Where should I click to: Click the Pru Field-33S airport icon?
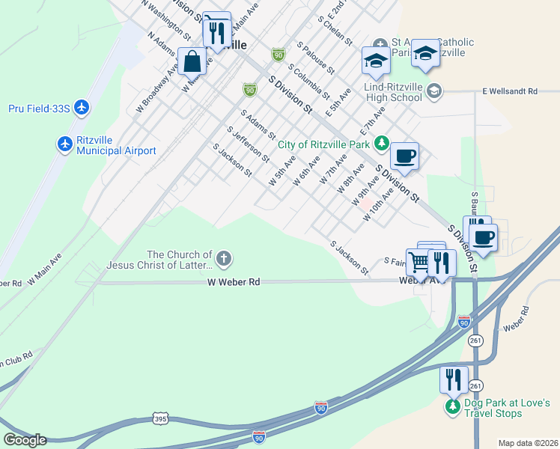coord(82,109)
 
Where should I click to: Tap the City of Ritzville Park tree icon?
coord(381,142)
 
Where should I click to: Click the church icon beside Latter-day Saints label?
coord(224,259)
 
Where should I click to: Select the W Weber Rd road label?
coord(234,283)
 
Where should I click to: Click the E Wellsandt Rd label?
coord(510,91)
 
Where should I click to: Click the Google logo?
coord(25,440)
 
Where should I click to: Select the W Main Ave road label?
coord(44,269)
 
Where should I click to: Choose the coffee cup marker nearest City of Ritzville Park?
coord(404,156)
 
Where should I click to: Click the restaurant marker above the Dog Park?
coord(453,379)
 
